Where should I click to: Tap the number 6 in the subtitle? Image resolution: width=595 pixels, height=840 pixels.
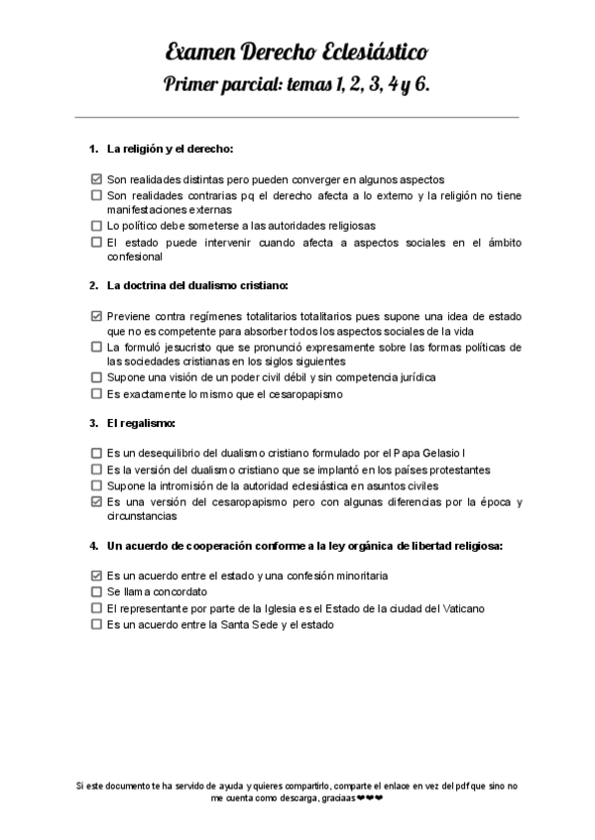click(x=421, y=86)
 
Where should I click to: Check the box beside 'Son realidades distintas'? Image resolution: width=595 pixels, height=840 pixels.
click(x=96, y=179)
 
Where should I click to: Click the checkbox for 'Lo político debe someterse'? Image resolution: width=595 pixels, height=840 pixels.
click(x=96, y=226)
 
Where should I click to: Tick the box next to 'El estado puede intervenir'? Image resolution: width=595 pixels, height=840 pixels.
click(x=96, y=241)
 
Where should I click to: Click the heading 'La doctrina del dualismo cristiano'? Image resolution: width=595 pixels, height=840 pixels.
click(x=197, y=286)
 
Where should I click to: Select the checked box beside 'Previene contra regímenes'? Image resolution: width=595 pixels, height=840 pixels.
click(x=96, y=316)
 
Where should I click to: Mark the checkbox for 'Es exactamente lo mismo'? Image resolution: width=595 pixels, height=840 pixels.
click(x=96, y=393)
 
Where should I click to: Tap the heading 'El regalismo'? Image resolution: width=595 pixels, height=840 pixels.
click(x=142, y=424)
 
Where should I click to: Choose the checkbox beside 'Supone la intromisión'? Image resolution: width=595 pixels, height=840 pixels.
click(x=96, y=485)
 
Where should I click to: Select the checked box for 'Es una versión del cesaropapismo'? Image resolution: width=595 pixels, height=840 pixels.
click(x=96, y=501)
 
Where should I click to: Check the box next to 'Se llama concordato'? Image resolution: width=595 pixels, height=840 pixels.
click(x=96, y=591)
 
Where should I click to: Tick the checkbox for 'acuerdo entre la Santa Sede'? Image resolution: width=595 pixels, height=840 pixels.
click(x=96, y=624)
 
